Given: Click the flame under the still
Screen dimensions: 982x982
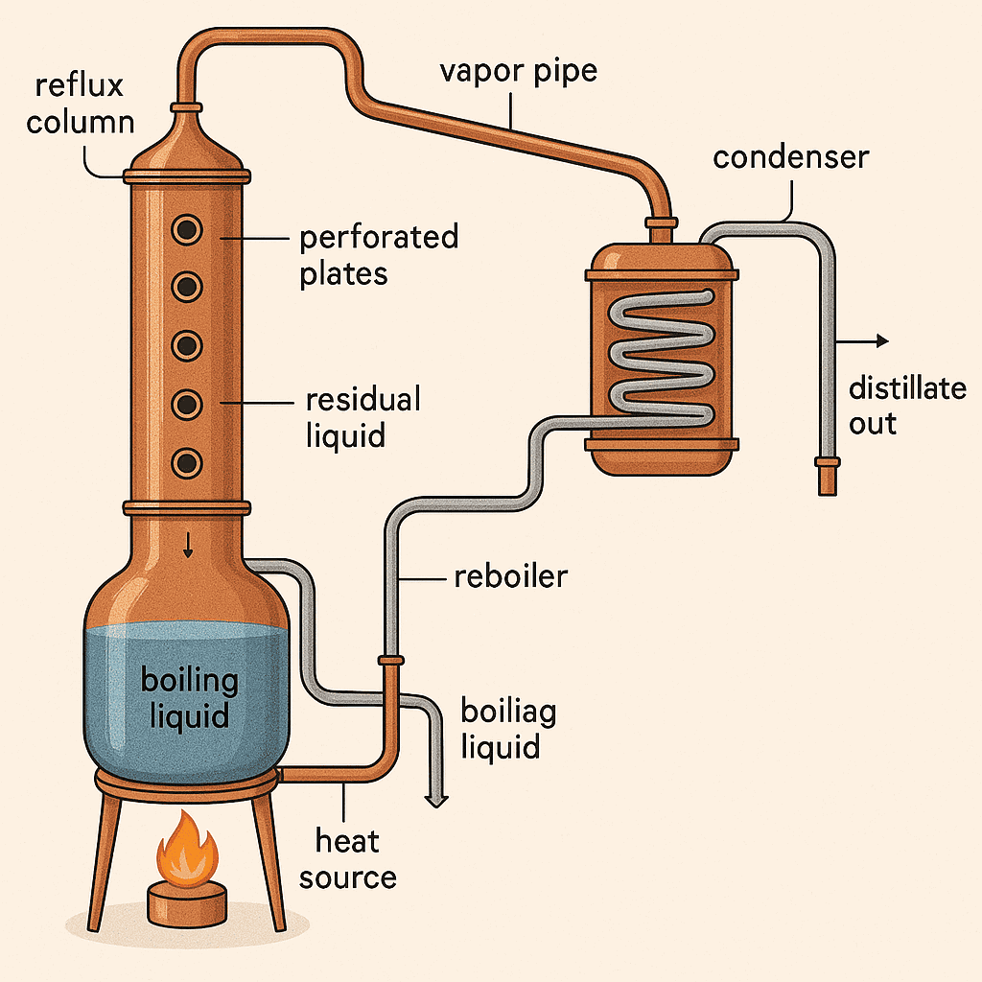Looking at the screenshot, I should point(189,849).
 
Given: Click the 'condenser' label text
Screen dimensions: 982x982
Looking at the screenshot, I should point(790,156).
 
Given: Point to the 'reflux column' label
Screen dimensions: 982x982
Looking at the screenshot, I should point(80,104).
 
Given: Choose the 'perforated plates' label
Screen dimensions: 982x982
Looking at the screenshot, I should point(378,254).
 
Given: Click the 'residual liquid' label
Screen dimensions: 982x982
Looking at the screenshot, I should point(362,417).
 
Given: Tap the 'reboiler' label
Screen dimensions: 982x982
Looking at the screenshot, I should point(509,576).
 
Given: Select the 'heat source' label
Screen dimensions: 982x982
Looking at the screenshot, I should point(348,859).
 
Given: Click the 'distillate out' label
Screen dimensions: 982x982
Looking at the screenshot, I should point(906,405).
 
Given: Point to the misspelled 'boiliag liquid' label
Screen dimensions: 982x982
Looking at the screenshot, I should point(508,728).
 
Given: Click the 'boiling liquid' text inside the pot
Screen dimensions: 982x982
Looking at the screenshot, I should point(189,697).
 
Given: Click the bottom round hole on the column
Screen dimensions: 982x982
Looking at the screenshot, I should point(186,463).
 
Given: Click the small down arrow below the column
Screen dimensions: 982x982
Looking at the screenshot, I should point(188,547).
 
